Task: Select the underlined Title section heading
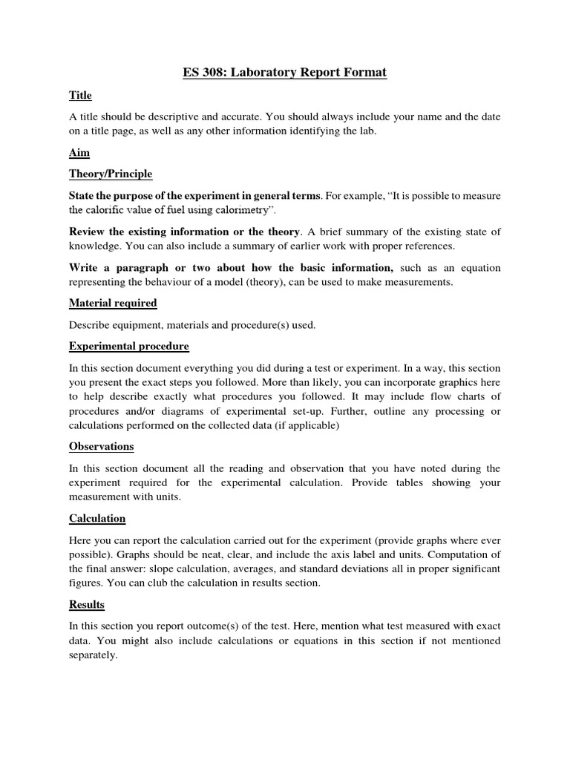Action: coord(80,96)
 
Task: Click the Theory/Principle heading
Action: coord(111,174)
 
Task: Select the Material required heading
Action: coord(113,303)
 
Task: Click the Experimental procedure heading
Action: coord(129,346)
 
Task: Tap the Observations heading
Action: coord(102,446)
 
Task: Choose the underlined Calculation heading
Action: coord(97,518)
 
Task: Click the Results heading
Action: coord(87,604)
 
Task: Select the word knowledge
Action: coord(94,246)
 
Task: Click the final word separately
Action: coord(94,655)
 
